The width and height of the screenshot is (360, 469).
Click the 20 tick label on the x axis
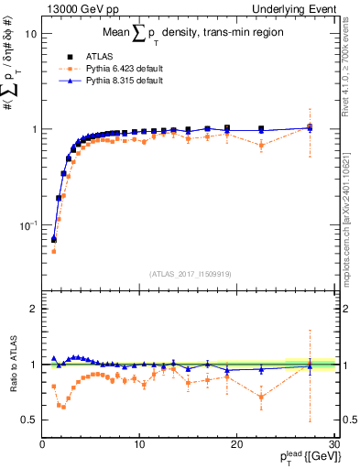[237, 444]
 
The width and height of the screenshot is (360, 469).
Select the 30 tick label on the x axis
[334, 444]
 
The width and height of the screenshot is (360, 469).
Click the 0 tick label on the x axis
[42, 444]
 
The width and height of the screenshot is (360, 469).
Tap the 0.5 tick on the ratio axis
[29, 420]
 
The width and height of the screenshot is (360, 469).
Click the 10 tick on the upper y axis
[30, 33]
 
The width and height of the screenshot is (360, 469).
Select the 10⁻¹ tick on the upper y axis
[27, 224]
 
